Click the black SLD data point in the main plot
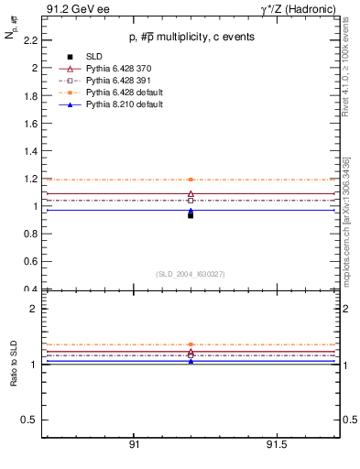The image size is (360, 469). (191, 215)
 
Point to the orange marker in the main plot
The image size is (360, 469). (191, 180)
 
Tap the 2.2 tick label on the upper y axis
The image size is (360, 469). (30, 40)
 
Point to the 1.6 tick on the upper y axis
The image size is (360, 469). (30, 124)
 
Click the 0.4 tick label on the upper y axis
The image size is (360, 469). (30, 289)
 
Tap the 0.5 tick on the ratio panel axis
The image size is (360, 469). (29, 420)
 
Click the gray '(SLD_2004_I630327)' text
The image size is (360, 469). (191, 274)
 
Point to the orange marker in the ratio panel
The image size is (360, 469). (191, 345)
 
